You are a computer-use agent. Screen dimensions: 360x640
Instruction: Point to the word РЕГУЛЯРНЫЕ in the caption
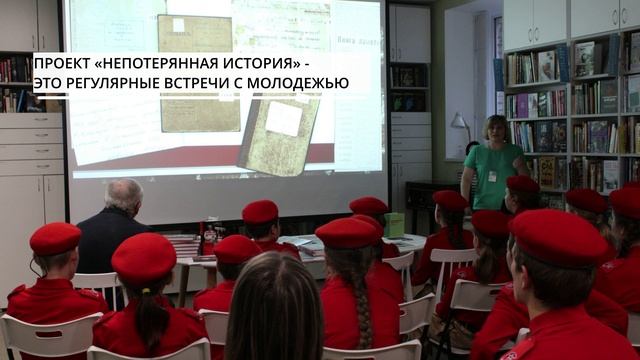[x=116, y=83]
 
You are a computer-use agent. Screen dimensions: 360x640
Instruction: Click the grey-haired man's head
[x=124, y=194]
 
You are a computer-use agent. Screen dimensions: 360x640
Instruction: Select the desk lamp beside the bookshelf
[x=459, y=125]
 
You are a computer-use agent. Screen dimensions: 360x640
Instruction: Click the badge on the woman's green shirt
[x=491, y=175]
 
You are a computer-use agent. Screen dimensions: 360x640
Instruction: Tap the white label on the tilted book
[x=283, y=118]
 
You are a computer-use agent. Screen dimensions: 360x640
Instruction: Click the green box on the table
[x=394, y=224]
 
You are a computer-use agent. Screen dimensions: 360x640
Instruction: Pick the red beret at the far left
[x=55, y=238]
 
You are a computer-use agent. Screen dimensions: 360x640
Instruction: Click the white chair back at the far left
[x=40, y=334]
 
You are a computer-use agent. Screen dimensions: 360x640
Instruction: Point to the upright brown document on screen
[x=200, y=70]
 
